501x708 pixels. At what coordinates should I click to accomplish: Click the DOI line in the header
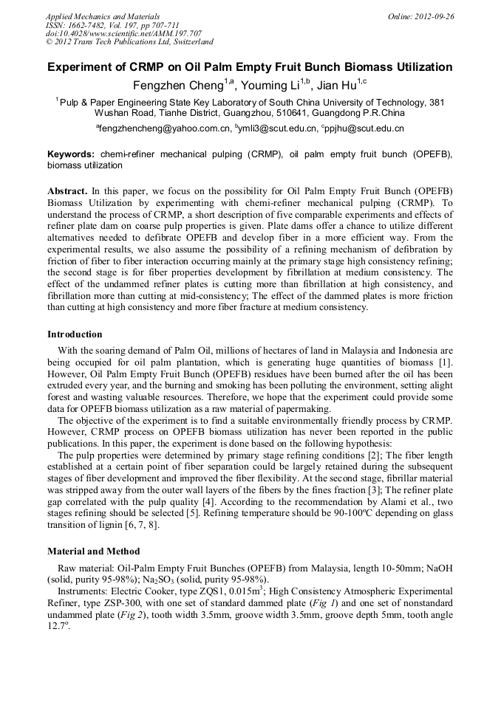tap(123, 33)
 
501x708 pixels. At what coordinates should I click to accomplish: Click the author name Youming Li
tap(275, 85)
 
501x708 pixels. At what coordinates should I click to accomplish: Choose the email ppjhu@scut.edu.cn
tap(365, 129)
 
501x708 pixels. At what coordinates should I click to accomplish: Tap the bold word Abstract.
tap(67, 190)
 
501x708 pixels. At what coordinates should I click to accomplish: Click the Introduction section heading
tap(75, 334)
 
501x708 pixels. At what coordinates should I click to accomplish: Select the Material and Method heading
tap(93, 551)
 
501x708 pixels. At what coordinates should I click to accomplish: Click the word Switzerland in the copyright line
tap(187, 42)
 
